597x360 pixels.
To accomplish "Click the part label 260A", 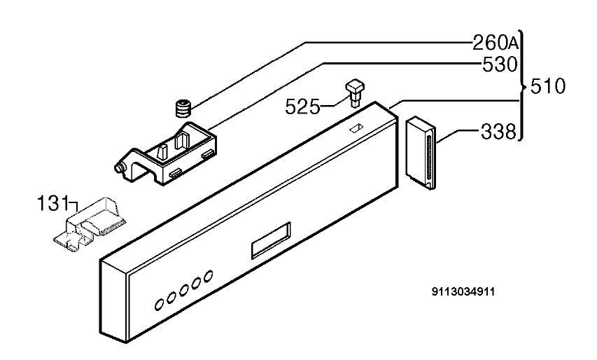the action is (x=496, y=43).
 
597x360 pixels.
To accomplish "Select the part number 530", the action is (x=500, y=64).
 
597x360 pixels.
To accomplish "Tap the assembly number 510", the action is (x=548, y=86).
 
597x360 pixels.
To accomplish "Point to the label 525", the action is (x=302, y=106).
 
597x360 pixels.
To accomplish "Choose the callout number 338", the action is (x=498, y=132).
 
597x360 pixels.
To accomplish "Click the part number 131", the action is (x=53, y=203).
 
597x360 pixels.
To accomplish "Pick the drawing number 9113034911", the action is (x=463, y=292).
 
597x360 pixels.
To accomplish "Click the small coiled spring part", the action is (x=183, y=109).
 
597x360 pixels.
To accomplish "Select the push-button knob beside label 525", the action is (x=355, y=92).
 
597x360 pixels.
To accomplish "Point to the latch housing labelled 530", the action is (x=167, y=153).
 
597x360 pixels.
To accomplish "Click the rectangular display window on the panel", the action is (x=271, y=240).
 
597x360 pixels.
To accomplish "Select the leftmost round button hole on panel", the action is (x=159, y=305).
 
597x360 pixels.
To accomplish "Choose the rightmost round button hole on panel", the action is (x=208, y=276).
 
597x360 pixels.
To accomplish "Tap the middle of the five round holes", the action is (x=183, y=291).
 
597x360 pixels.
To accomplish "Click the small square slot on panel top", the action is (x=356, y=127).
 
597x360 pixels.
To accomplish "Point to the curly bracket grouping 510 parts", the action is (x=522, y=86).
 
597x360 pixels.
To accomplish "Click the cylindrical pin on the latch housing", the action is (x=119, y=168).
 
